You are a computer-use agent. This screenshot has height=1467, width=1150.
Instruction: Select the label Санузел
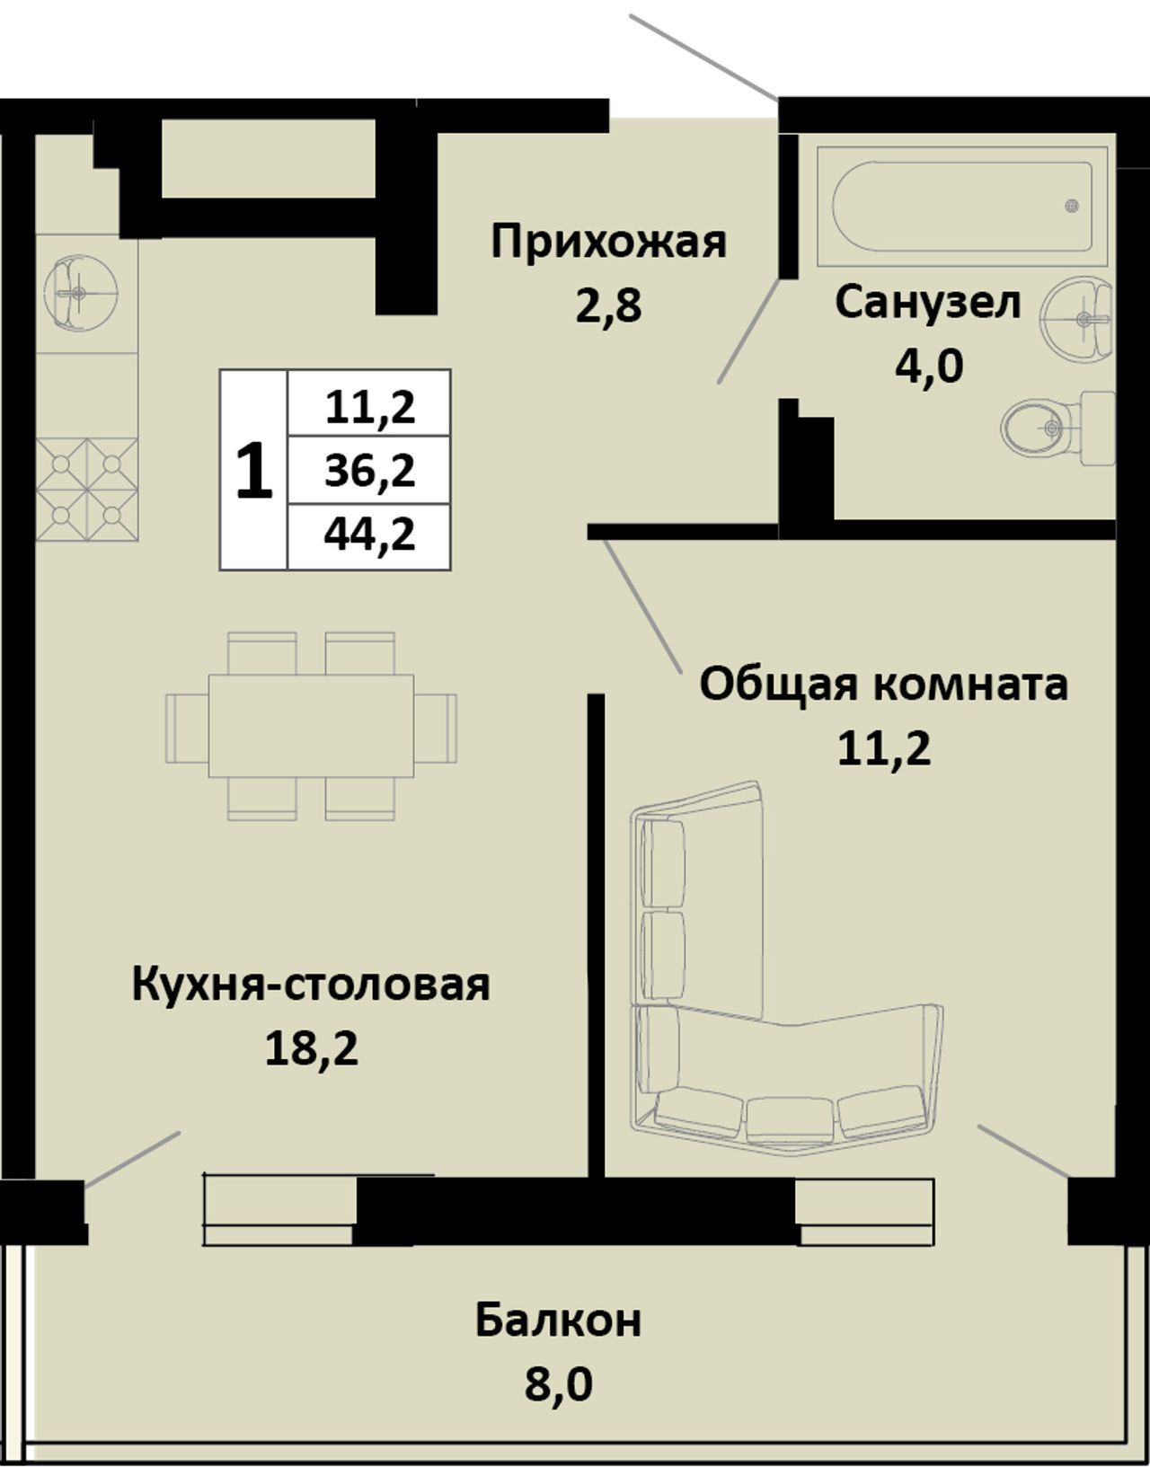click(928, 303)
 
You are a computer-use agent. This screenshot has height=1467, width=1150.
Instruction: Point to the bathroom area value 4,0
click(929, 367)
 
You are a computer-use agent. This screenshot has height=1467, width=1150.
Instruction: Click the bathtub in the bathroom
click(962, 207)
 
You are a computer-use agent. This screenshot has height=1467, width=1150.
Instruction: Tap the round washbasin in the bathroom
click(1077, 318)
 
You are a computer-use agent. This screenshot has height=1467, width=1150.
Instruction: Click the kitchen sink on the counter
click(80, 292)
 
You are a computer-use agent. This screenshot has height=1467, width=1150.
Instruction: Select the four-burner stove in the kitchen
click(87, 490)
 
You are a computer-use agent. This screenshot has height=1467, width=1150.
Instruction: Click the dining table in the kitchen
click(311, 727)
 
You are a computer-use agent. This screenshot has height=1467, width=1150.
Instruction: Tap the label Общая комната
click(884, 686)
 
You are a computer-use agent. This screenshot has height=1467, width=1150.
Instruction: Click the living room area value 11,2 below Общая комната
click(884, 749)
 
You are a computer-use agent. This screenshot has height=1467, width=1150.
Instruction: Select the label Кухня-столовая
click(311, 986)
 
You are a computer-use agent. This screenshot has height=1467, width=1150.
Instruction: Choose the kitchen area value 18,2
click(311, 1050)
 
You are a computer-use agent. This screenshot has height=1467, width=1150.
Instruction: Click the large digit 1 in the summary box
click(254, 471)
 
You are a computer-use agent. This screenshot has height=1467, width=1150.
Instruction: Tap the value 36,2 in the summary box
click(370, 471)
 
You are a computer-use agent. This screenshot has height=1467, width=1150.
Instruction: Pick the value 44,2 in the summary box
click(370, 536)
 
